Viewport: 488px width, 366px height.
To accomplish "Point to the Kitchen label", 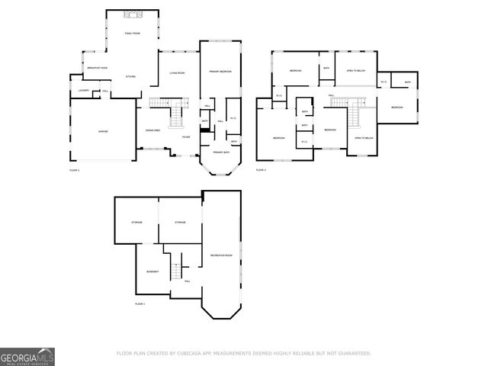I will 130,77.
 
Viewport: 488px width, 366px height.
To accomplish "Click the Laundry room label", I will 84,91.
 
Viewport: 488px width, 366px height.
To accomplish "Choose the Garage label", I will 102,132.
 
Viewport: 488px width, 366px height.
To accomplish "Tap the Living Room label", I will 178,72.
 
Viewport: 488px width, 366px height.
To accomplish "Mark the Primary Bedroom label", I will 220,72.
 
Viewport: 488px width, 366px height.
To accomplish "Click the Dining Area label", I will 152,130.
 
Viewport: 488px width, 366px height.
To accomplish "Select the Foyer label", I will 186,136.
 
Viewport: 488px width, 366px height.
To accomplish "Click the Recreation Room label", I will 222,255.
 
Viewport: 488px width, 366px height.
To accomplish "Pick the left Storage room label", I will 136,222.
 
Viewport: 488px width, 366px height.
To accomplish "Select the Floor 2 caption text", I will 74,170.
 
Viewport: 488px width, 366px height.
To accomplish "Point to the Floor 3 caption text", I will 261,170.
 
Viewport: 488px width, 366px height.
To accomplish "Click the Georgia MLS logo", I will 27,356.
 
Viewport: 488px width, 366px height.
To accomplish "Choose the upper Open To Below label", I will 355,70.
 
